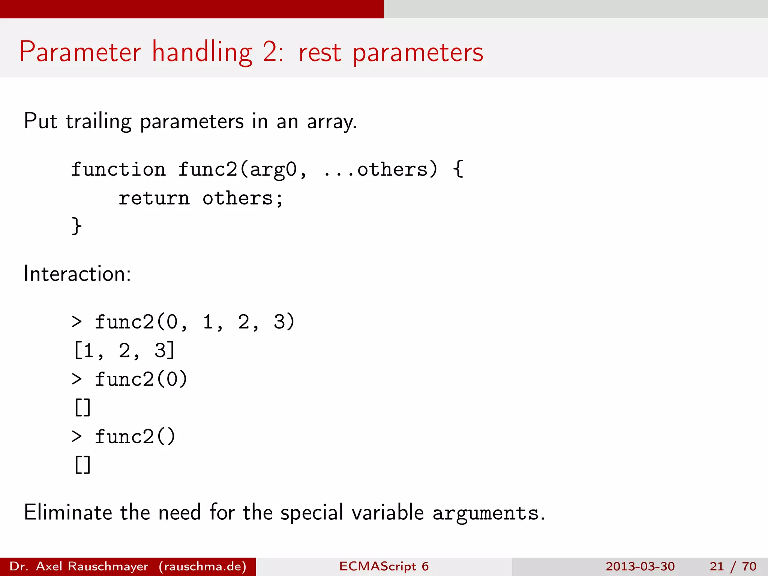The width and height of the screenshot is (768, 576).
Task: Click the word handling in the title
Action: pos(202,52)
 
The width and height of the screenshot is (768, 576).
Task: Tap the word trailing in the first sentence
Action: pos(99,122)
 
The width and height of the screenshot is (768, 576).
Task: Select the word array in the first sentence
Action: pos(331,122)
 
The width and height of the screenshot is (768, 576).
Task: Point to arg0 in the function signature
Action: pos(273,170)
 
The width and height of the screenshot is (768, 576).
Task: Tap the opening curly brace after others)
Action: pos(458,170)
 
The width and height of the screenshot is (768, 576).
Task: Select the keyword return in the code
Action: pos(154,198)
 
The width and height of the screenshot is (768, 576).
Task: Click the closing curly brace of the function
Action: pos(76,226)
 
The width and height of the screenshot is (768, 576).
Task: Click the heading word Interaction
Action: pos(77,274)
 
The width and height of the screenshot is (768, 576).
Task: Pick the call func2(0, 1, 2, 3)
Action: pos(195,322)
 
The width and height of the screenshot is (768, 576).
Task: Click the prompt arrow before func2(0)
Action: pos(76,379)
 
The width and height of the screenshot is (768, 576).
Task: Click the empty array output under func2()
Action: pos(82,465)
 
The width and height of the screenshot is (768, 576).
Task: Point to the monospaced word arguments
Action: pos(485,513)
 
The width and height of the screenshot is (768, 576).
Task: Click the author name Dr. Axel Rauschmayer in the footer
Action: pos(79,566)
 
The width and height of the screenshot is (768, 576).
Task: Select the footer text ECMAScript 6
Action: pos(384,566)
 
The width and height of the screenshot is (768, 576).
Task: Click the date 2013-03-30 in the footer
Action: pos(640,566)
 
